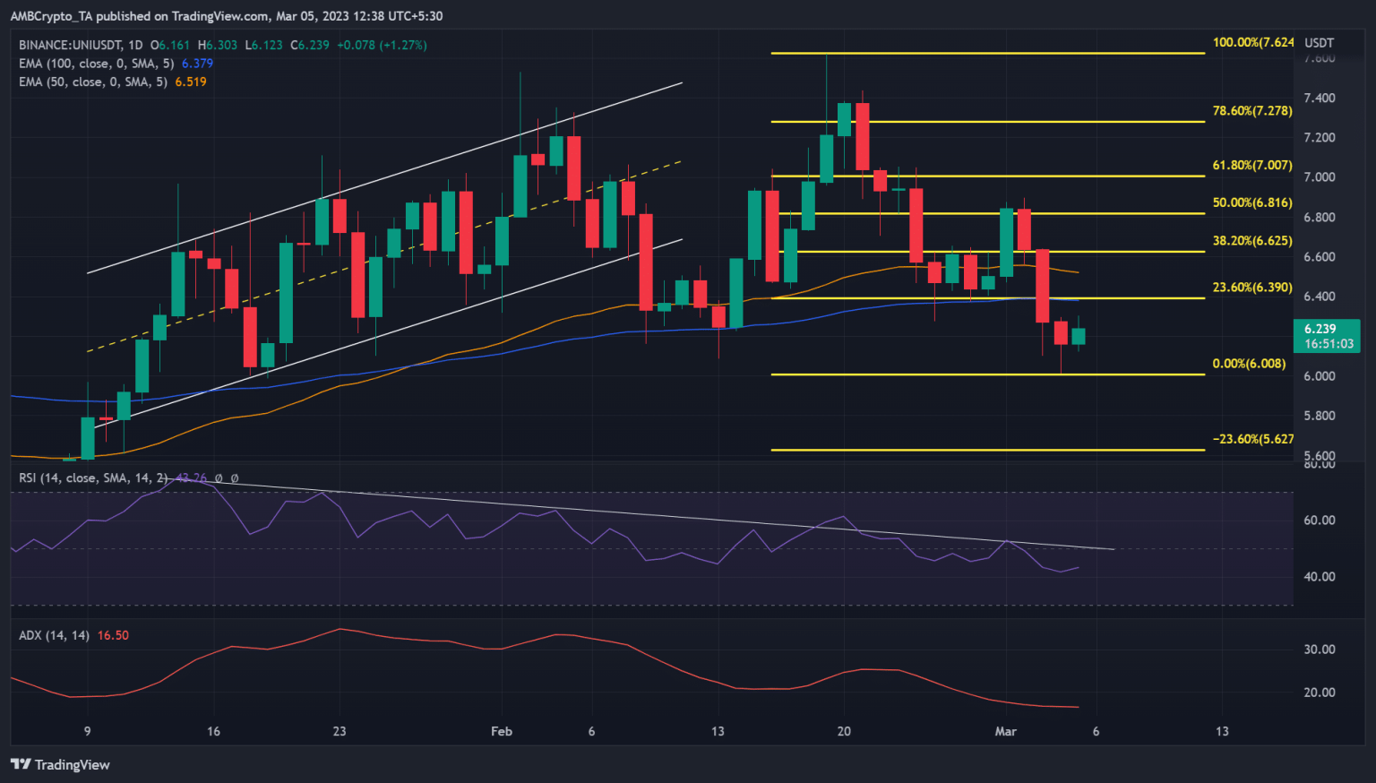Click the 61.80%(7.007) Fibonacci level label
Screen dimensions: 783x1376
pos(1251,165)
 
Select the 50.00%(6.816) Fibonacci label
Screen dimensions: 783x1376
pos(1251,202)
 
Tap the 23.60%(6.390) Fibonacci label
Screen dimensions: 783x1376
pos(1251,287)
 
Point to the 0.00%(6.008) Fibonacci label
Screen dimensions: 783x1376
pos(1249,363)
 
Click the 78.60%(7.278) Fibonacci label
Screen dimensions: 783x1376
pos(1251,110)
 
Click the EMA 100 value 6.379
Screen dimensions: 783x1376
pos(197,64)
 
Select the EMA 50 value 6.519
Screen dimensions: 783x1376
pos(190,82)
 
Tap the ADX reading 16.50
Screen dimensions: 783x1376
pos(113,635)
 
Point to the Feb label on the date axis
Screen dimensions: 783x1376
pos(502,731)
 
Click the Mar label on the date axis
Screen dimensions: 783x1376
pos(1006,731)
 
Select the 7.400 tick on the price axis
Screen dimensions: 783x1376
pos(1320,98)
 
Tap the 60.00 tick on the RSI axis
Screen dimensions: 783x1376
pos(1320,520)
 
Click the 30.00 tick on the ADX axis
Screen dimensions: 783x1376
pos(1320,649)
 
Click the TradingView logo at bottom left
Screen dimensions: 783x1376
pos(60,764)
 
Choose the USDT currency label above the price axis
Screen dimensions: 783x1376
pos(1319,42)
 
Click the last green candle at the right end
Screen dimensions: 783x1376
pos(1079,336)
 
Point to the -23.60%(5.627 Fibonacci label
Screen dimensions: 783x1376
pos(1252,438)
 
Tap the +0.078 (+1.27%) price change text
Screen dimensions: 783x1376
pos(382,45)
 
